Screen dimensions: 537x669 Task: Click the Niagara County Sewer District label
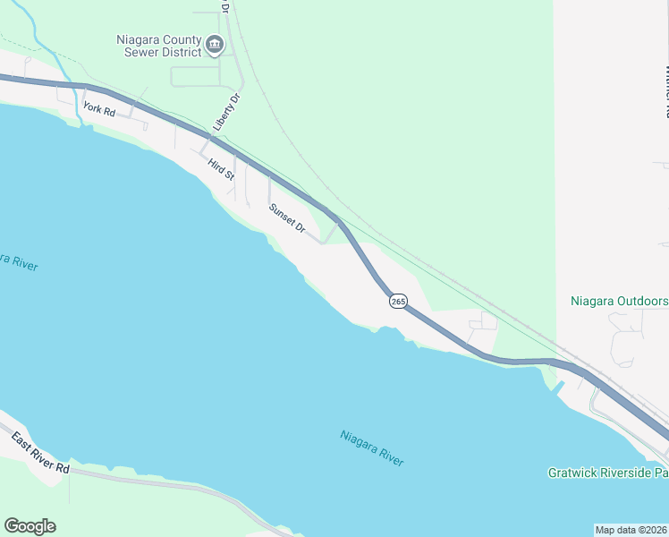pyautogui.click(x=159, y=46)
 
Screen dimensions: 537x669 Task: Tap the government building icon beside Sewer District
pyautogui.click(x=215, y=44)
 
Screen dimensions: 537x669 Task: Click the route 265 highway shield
pyautogui.click(x=398, y=302)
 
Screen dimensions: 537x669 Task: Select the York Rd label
pyautogui.click(x=99, y=110)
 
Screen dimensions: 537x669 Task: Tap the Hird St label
pyautogui.click(x=219, y=166)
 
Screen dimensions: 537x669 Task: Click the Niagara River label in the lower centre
pyautogui.click(x=372, y=447)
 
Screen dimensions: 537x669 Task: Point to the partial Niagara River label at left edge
pyautogui.click(x=18, y=260)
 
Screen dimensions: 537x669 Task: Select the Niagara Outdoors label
pyautogui.click(x=619, y=301)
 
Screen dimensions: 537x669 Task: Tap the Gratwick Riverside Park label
pyautogui.click(x=608, y=472)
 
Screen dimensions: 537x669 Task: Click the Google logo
pyautogui.click(x=30, y=526)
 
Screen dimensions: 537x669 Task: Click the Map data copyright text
pyautogui.click(x=631, y=529)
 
